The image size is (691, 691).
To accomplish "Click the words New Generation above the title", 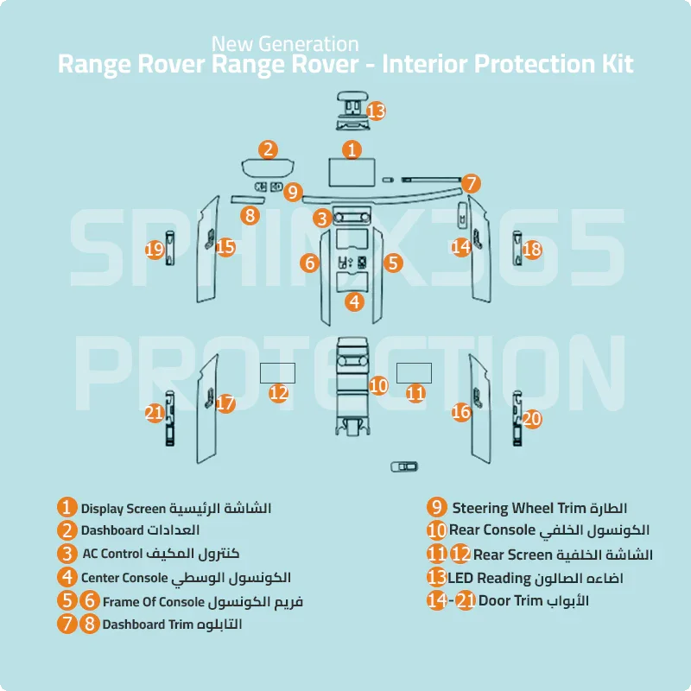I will pos(285,42).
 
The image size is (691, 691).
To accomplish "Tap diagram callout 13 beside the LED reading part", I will pos(376,111).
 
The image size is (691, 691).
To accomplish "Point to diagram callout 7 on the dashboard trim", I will pos(471,183).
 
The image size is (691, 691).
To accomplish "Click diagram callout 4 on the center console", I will pos(354,301).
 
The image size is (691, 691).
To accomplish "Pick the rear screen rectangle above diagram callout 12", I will pos(278,372).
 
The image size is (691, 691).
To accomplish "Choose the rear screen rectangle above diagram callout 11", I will pos(414,371).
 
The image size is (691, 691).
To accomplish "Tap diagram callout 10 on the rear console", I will pos(378,385).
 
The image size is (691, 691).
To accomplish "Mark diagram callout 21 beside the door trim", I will pos(155,413).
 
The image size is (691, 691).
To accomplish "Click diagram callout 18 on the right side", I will pos(532,250).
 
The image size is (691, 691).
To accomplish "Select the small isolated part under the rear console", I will pos(403,467).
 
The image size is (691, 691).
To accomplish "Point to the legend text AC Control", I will pos(113,553).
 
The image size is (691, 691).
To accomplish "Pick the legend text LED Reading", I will pos(488,577).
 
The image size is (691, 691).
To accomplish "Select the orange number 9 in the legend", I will pos(437,507).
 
